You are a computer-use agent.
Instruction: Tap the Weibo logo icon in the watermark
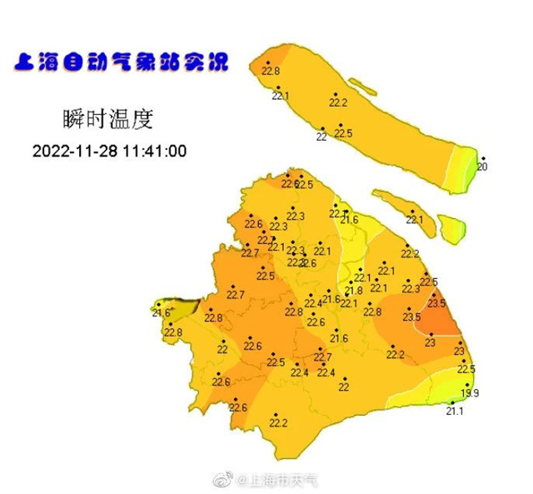tap(223, 480)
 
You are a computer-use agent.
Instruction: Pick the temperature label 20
tap(481, 167)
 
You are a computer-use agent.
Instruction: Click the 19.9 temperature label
tap(470, 393)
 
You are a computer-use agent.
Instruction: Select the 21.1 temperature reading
tap(455, 411)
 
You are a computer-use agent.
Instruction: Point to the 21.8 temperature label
tap(354, 290)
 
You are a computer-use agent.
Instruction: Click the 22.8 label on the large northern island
tap(271, 72)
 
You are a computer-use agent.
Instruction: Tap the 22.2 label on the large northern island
tap(337, 102)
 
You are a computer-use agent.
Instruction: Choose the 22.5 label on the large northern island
tap(343, 133)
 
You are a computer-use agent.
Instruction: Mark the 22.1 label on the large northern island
tap(281, 96)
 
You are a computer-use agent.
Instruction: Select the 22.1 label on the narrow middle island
tap(414, 220)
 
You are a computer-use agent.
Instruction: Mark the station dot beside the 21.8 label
tap(350, 282)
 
